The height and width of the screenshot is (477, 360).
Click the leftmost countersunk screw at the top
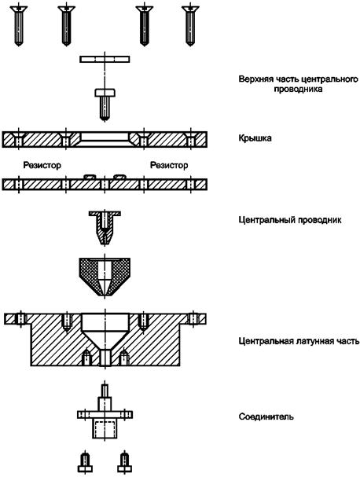19,26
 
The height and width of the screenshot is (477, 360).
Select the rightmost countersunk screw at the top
190,26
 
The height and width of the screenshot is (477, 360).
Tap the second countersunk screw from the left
66,26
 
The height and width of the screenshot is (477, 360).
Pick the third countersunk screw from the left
144,26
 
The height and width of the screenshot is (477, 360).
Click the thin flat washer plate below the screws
105,59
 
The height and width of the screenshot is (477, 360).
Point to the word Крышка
255,138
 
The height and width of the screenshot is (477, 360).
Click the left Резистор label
42,165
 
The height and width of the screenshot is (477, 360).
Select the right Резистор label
169,165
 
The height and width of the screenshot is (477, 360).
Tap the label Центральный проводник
290,219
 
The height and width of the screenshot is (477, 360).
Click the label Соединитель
266,416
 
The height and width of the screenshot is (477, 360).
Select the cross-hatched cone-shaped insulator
105,277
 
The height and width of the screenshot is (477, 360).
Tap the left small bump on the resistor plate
90,177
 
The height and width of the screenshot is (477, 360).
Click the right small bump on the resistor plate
119,177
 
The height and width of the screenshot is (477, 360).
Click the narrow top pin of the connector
105,391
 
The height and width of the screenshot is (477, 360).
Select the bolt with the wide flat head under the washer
105,105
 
